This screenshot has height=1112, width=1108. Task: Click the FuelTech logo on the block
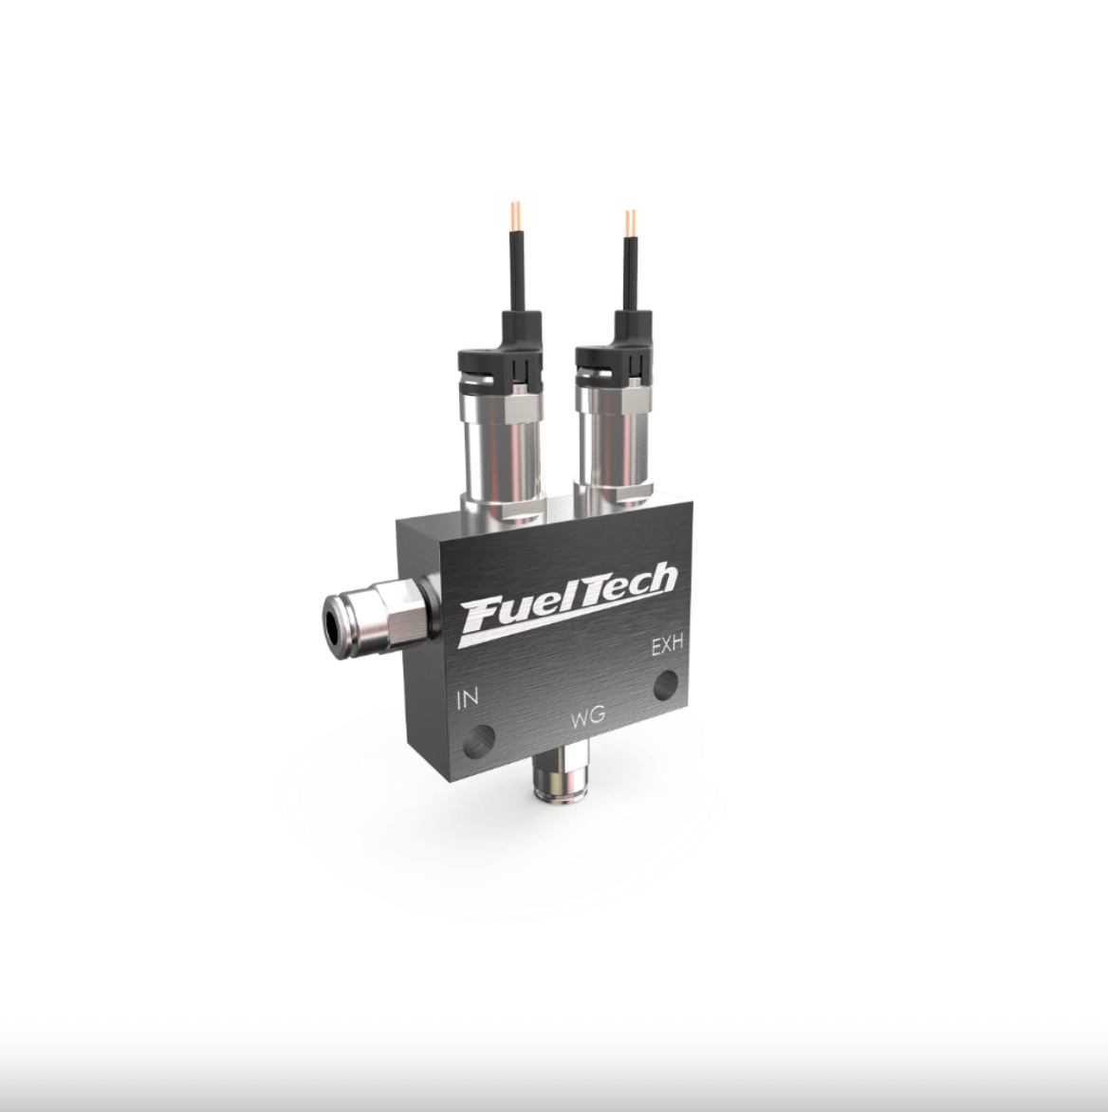click(567, 603)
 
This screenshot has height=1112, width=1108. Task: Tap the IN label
click(468, 700)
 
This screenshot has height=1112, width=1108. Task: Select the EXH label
click(668, 648)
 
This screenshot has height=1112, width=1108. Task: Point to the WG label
click(588, 717)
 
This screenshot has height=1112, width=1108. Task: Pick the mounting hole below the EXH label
click(666, 683)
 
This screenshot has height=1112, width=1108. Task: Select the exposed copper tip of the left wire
click(515, 213)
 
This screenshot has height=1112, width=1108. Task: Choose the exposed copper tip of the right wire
click(630, 221)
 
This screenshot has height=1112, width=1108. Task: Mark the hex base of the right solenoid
click(617, 493)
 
